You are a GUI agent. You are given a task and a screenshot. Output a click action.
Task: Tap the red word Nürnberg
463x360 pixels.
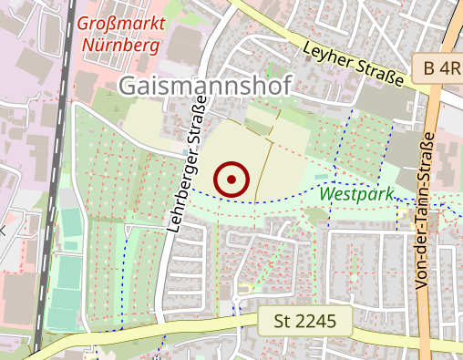pos(119,44)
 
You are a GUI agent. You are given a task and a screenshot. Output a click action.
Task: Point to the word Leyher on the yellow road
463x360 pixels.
pos(329,55)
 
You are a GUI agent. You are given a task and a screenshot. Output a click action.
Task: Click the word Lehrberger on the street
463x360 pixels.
pos(179,196)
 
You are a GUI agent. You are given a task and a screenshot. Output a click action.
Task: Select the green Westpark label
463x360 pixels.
pos(356,194)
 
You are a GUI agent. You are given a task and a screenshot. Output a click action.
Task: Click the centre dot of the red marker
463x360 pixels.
pos(231,180)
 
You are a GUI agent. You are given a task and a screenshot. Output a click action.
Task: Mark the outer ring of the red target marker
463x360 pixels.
pos(231,164)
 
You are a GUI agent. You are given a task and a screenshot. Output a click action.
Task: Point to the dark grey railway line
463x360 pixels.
pos(55,182)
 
